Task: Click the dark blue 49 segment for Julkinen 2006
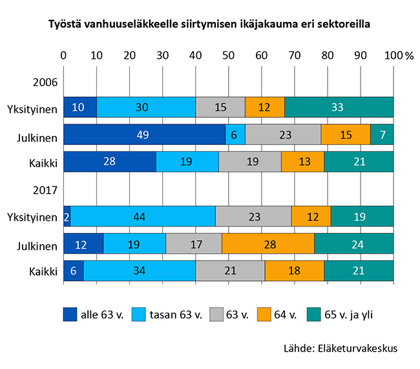(144, 135)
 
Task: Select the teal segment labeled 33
(339, 107)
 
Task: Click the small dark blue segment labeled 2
(67, 216)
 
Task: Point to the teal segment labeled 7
(381, 135)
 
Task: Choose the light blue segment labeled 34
(139, 271)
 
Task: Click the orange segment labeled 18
(294, 271)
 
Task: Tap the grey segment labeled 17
(194, 243)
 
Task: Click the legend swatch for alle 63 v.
(70, 315)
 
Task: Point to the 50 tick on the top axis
(228, 55)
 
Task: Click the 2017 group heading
(45, 190)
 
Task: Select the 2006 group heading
(45, 82)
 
